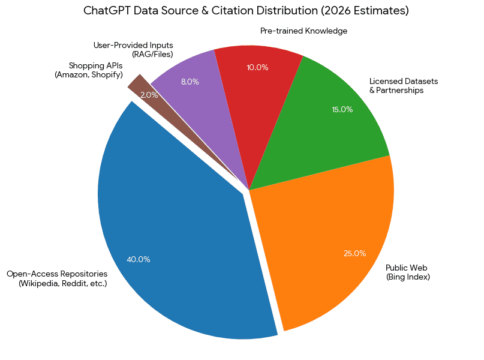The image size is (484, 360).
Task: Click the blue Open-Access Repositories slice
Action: tap(174, 240)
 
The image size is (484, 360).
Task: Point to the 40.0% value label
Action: tap(139, 260)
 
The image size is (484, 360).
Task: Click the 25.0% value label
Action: tap(354, 253)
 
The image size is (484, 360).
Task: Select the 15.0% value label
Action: tap(342, 109)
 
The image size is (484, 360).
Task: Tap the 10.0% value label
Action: tap(257, 67)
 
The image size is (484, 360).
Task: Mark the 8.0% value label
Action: tap(190, 82)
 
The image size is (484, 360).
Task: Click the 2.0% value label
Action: tap(149, 95)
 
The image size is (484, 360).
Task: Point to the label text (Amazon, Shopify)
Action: tap(89, 75)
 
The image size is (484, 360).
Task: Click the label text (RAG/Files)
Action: tap(152, 55)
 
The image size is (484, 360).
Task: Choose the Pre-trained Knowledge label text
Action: tap(303, 31)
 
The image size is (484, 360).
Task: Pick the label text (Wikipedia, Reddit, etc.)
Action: tap(63, 283)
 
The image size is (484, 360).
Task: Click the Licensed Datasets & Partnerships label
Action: tap(396, 86)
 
